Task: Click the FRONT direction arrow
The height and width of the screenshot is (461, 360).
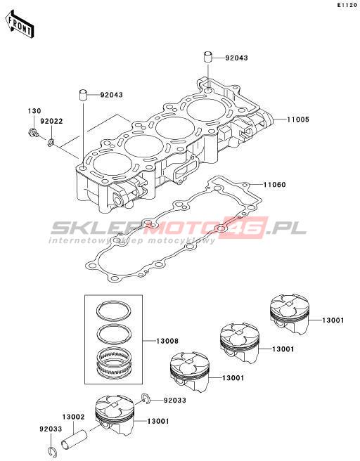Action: (20, 24)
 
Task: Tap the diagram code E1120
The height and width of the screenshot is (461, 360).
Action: (347, 5)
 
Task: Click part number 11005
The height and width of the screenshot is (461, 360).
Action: (298, 119)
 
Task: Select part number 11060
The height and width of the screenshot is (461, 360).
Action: (274, 185)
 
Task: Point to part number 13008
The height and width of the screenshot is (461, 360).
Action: (167, 341)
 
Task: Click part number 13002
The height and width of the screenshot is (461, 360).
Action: (73, 417)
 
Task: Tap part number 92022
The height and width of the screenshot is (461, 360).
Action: (51, 121)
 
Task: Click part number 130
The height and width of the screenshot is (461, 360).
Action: (34, 111)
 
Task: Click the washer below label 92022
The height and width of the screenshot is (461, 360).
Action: (51, 143)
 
